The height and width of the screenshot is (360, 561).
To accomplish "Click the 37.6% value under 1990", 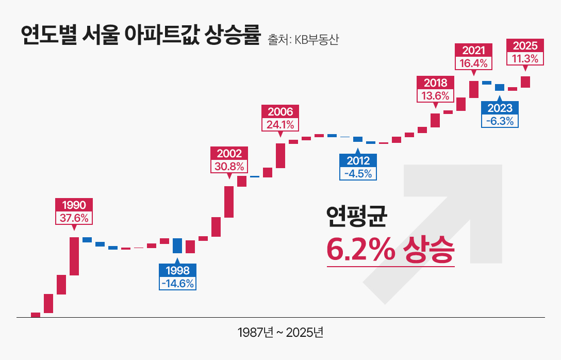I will click(74, 218).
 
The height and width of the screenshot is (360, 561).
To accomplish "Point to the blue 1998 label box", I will click(177, 270).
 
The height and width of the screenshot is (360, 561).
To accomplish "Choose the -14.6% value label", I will click(177, 283).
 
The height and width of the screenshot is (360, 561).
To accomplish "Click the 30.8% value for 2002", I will click(229, 166).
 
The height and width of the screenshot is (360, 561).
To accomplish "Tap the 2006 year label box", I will click(280, 111).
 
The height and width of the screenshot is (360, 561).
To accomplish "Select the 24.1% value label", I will click(280, 124).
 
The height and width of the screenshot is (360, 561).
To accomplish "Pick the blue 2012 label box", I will click(358, 160).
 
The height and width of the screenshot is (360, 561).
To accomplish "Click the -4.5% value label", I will click(358, 173).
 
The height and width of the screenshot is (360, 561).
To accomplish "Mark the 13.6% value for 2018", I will click(435, 95).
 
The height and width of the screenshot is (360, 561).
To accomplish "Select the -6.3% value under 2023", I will click(500, 121).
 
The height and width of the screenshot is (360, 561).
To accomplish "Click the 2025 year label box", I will click(525, 45).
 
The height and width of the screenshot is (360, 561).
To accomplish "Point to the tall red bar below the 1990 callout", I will click(74, 256).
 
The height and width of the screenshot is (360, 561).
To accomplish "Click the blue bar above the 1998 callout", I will click(177, 246).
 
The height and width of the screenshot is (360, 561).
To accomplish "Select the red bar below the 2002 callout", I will click(229, 202).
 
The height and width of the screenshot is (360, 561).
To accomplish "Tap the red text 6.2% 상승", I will click(390, 251).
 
